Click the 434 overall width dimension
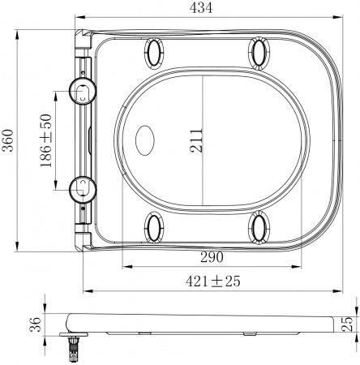coord(202,8)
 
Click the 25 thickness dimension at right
coord(348,325)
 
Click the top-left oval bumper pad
coord(154,54)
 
